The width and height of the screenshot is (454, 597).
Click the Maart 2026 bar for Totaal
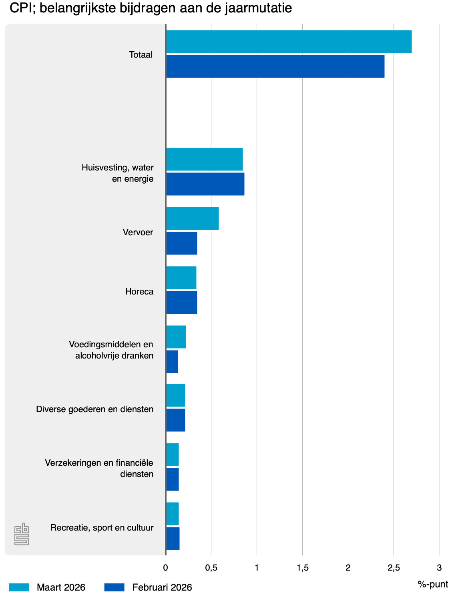[289, 42]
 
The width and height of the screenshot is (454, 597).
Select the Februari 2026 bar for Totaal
[275, 66]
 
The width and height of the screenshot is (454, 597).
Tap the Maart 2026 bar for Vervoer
[192, 218]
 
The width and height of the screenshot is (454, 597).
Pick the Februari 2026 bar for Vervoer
[181, 243]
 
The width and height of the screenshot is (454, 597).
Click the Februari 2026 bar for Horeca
[181, 303]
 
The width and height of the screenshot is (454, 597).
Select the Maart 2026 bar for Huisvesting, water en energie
[204, 159]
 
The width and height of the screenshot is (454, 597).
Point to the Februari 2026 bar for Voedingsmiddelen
[172, 362]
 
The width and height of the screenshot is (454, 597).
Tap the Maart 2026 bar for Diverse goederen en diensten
[175, 395]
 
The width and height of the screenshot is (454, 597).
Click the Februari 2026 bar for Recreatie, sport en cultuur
[173, 539]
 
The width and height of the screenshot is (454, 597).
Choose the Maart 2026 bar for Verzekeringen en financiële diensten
[172, 455]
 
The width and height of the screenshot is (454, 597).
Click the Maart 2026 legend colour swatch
[19, 587]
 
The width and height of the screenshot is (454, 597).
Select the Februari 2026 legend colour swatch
[114, 587]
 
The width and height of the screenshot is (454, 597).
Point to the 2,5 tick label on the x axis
[394, 568]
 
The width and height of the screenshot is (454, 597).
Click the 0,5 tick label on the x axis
[211, 568]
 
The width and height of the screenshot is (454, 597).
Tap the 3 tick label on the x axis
[439, 568]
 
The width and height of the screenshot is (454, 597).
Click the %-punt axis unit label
[433, 584]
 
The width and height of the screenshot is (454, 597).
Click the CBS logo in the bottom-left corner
[22, 534]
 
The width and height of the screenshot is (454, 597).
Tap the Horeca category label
[139, 292]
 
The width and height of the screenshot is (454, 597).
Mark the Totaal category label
[141, 55]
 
